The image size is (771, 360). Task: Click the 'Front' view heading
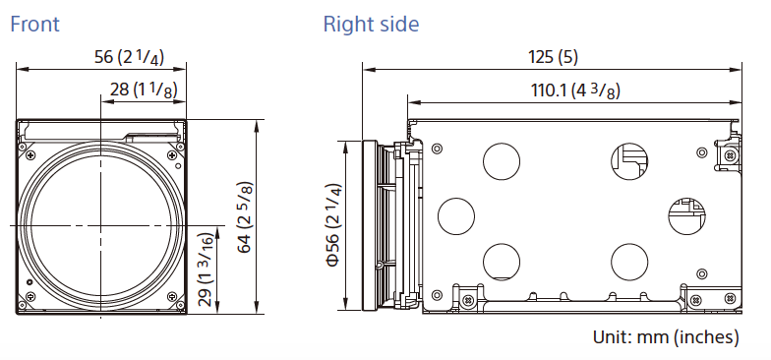coord(35,24)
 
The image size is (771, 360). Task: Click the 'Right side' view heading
coord(372,24)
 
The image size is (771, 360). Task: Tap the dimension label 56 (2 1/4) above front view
coord(130,57)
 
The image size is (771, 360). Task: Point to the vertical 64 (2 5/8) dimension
coord(244,217)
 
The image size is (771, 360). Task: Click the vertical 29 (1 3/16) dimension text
coord(206,270)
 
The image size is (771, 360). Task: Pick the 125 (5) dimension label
coord(553,57)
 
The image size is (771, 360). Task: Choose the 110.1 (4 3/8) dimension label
coord(575,90)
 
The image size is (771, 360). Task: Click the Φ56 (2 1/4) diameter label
coord(334,224)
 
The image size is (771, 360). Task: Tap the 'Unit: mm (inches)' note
coord(666,336)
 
